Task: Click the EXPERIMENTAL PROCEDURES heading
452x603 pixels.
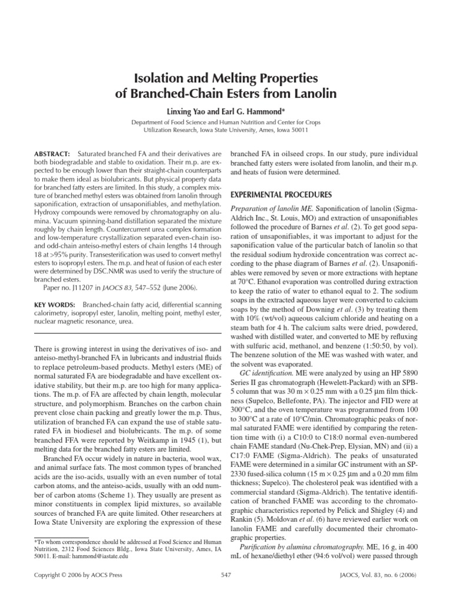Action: pos(276,194)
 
